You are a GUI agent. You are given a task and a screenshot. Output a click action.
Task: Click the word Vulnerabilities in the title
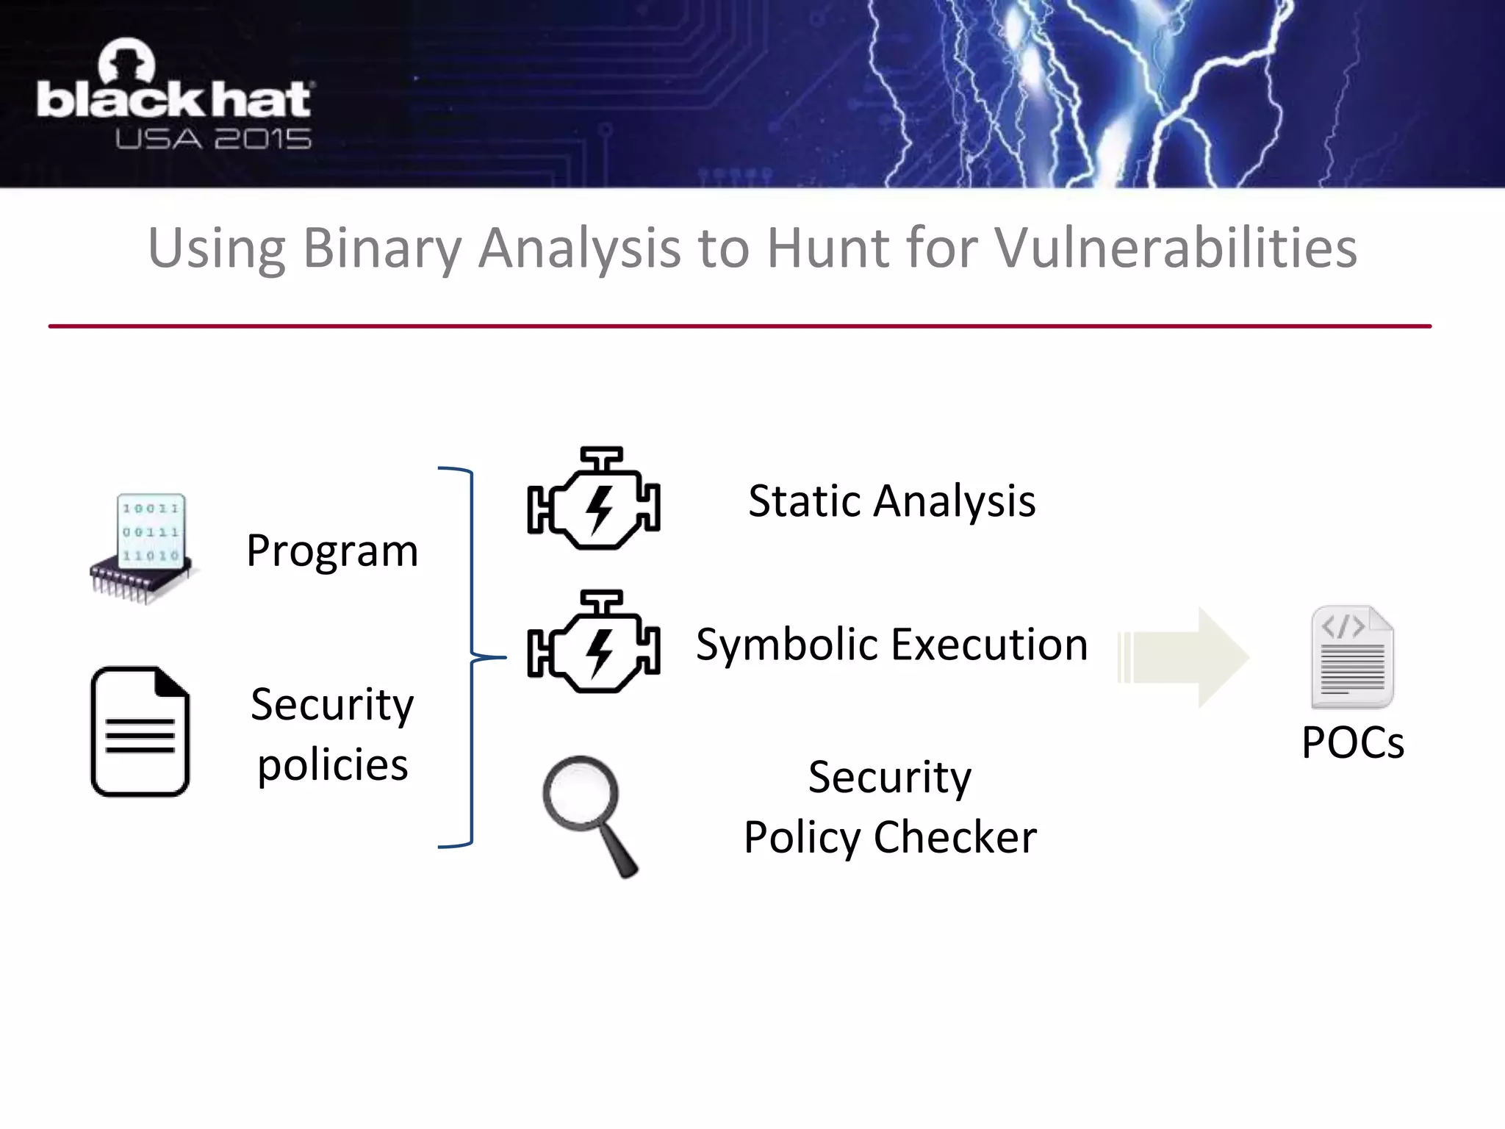point(1175,248)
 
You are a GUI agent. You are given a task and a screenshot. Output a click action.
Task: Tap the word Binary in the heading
point(381,248)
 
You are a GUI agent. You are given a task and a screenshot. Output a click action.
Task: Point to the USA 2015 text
point(213,139)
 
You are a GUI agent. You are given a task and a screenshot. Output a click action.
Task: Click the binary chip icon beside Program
point(145,548)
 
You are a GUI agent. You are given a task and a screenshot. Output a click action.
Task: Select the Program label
point(332,551)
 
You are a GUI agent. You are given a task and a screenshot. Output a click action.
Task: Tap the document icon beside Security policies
point(140,731)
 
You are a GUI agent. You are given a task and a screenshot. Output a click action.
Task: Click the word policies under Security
point(332,765)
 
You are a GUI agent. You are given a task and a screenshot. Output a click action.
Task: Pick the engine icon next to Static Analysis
point(593,499)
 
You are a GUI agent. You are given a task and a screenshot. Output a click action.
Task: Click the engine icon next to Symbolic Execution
point(593,642)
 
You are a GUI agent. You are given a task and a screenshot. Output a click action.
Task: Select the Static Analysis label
point(891,501)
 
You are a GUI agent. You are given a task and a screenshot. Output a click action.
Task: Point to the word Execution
point(991,645)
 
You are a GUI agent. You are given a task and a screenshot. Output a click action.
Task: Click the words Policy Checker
point(890,837)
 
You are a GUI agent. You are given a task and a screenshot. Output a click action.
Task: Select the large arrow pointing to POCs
point(1183,657)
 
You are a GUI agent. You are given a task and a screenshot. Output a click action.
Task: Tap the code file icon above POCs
point(1351,656)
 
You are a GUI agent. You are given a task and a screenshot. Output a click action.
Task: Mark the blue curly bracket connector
point(470,656)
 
